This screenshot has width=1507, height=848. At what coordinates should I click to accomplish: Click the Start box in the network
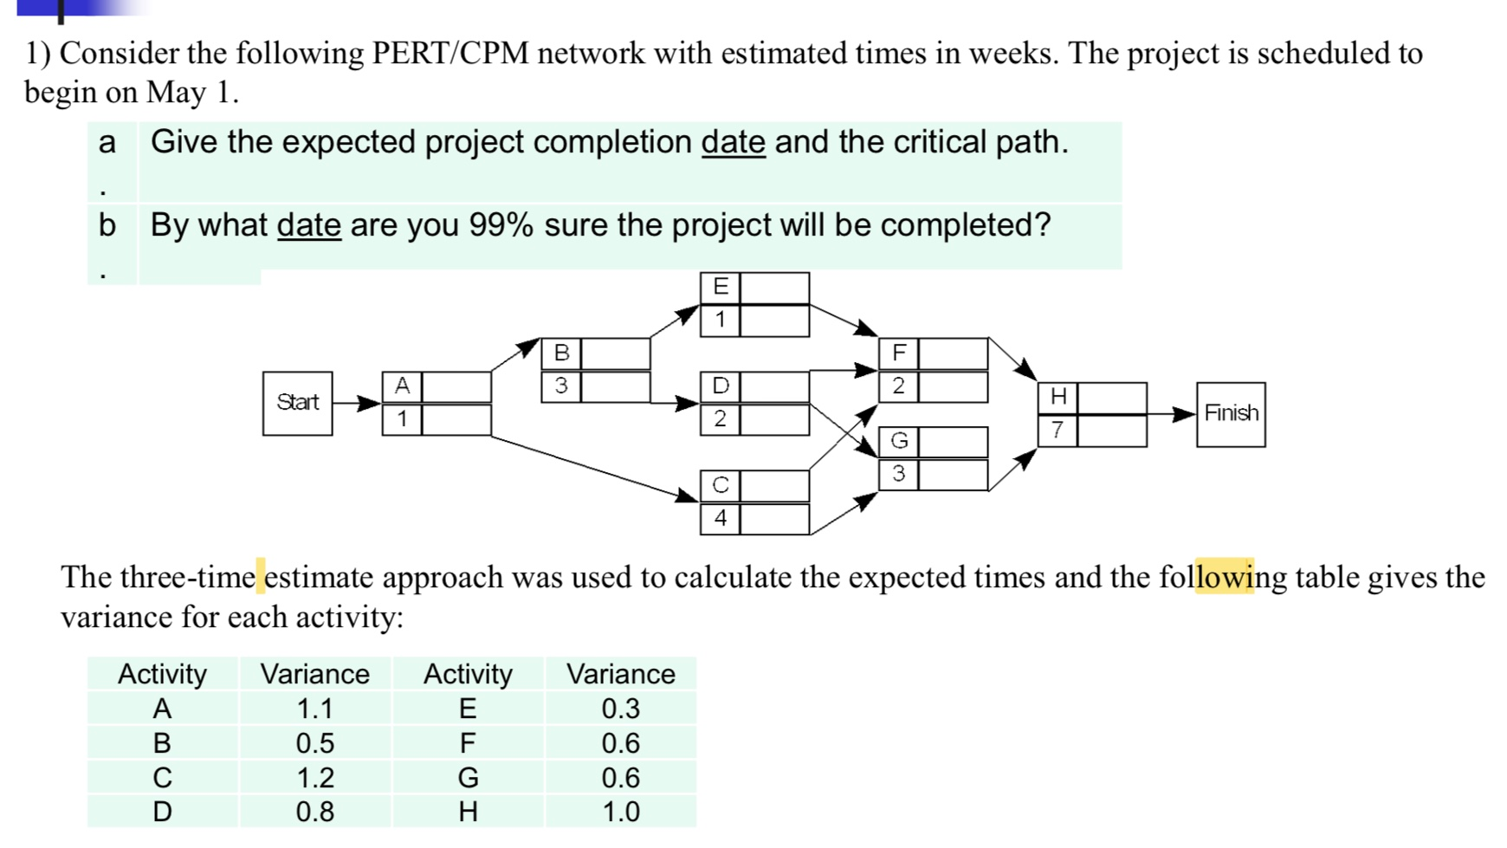click(297, 403)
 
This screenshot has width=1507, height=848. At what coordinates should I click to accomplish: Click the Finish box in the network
click(1230, 414)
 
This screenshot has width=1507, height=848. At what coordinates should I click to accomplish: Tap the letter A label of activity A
click(402, 386)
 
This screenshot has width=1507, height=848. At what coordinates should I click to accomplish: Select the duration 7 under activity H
click(1057, 430)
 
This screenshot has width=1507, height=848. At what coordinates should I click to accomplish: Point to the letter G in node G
click(899, 442)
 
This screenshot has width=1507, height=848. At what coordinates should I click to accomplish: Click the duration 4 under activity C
click(720, 519)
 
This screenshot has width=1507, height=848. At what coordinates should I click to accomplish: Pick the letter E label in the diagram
click(721, 287)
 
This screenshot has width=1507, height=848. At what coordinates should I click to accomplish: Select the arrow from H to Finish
click(1172, 415)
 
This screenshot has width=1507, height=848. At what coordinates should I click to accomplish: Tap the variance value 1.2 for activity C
click(314, 778)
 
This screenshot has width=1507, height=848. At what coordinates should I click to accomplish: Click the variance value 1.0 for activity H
click(620, 812)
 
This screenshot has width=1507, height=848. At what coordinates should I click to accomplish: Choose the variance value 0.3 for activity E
click(620, 709)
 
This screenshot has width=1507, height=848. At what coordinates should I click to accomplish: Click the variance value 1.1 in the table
click(314, 709)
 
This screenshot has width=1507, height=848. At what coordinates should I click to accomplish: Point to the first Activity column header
click(162, 674)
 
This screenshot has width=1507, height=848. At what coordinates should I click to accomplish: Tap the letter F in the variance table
click(468, 743)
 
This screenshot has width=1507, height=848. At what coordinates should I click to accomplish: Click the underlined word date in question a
click(733, 142)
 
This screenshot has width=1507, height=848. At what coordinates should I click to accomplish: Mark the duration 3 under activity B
click(561, 385)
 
